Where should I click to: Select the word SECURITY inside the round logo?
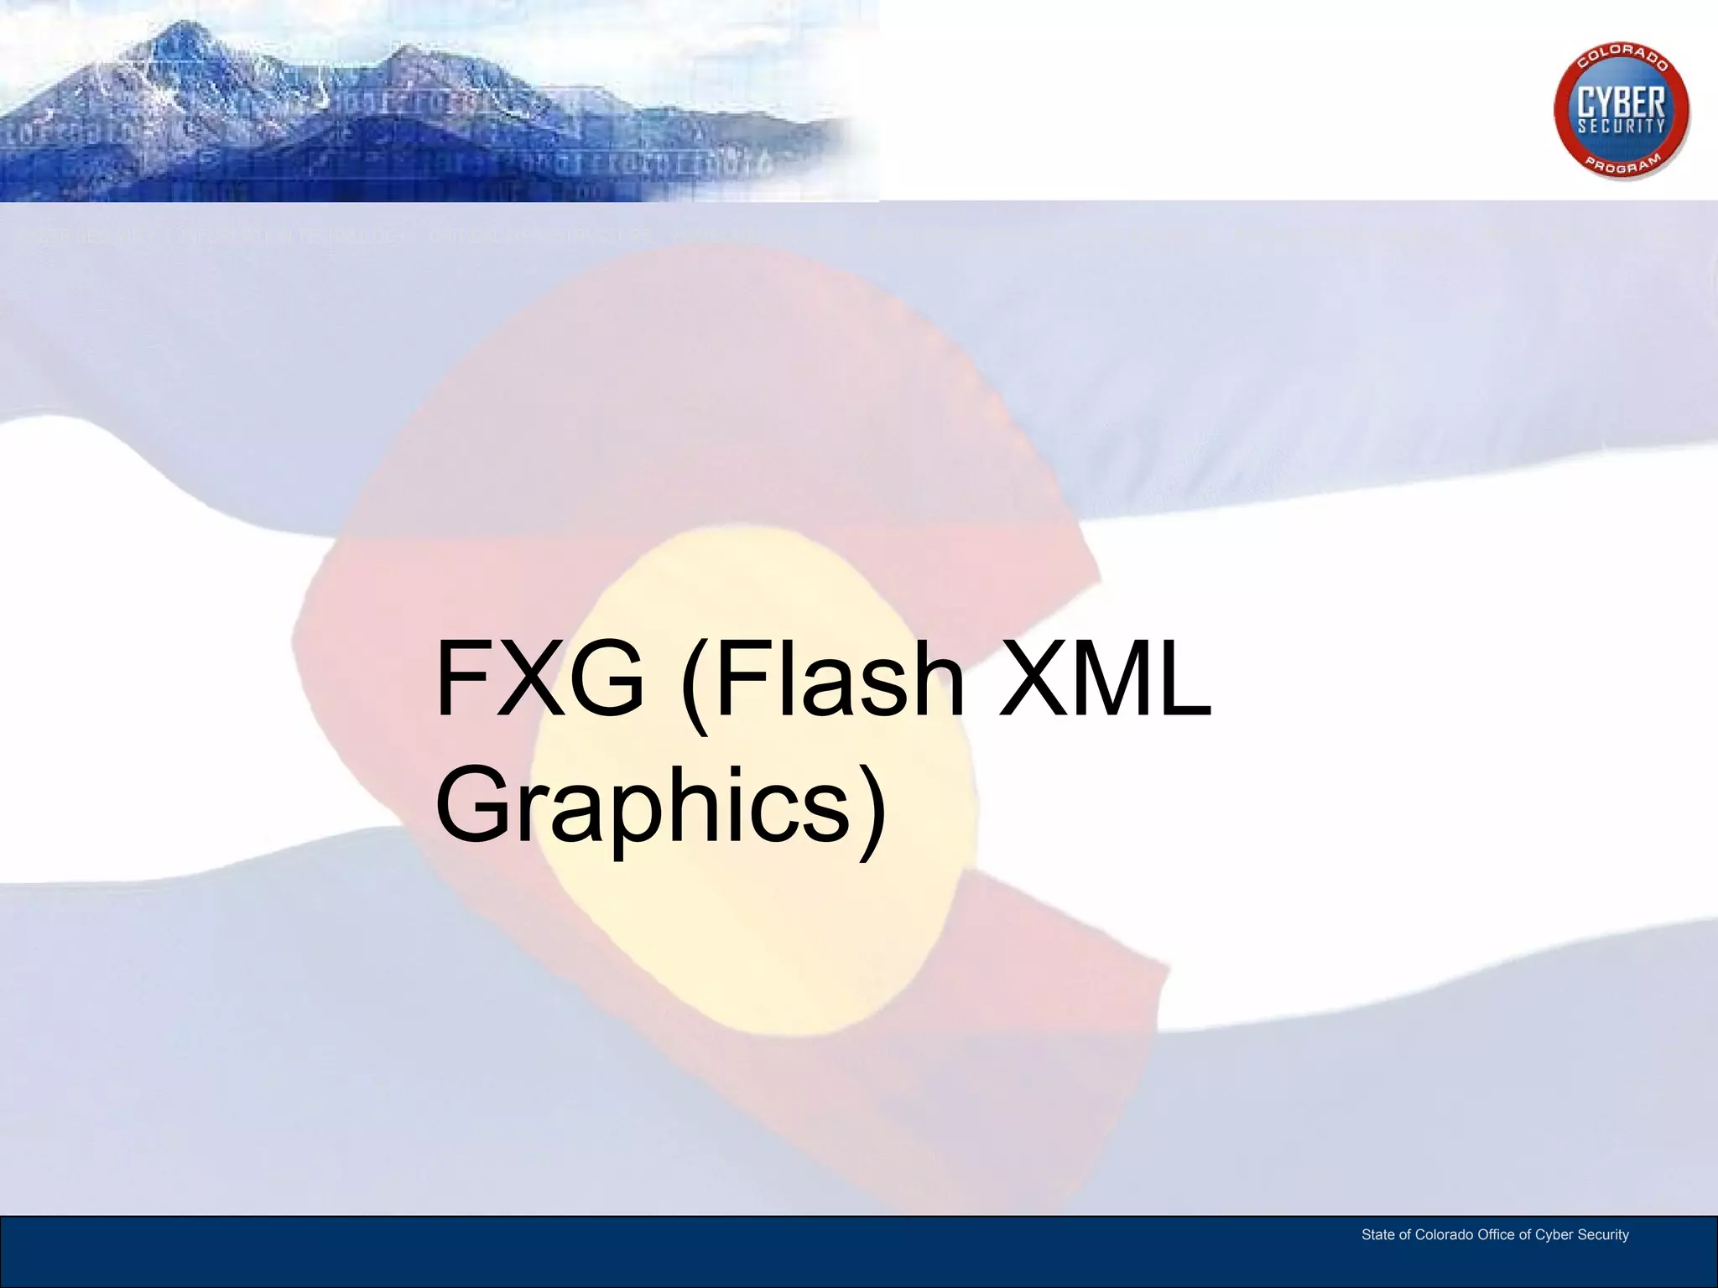click(x=1622, y=127)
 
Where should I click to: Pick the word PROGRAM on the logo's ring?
click(x=1622, y=164)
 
